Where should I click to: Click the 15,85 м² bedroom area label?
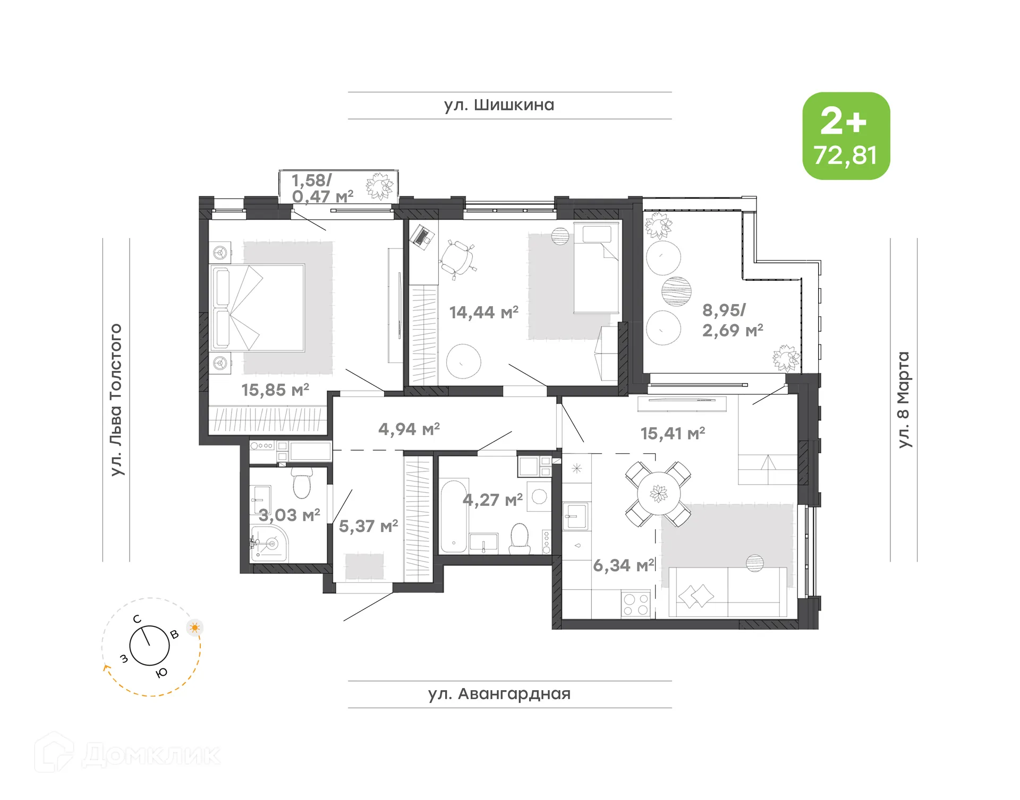[x=275, y=390]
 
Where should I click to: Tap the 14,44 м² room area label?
[x=483, y=312]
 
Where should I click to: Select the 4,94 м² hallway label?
[x=409, y=429]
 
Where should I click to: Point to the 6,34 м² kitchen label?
[x=624, y=565]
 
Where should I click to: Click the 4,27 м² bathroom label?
[x=492, y=500]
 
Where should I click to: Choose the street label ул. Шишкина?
[x=499, y=105]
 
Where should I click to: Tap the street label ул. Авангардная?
[x=499, y=694]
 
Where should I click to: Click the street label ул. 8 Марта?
[x=904, y=400]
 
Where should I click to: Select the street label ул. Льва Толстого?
[x=116, y=400]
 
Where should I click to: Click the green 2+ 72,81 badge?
[x=846, y=136]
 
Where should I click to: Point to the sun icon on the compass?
[x=195, y=627]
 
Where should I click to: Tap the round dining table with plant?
[x=659, y=494]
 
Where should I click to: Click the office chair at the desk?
[x=457, y=259]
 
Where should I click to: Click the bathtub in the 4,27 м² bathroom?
[x=454, y=515]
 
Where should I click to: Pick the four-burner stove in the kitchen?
[x=636, y=604]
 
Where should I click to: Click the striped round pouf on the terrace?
[x=676, y=291]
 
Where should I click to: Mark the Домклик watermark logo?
[x=127, y=754]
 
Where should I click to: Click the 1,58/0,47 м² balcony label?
[x=322, y=188]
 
